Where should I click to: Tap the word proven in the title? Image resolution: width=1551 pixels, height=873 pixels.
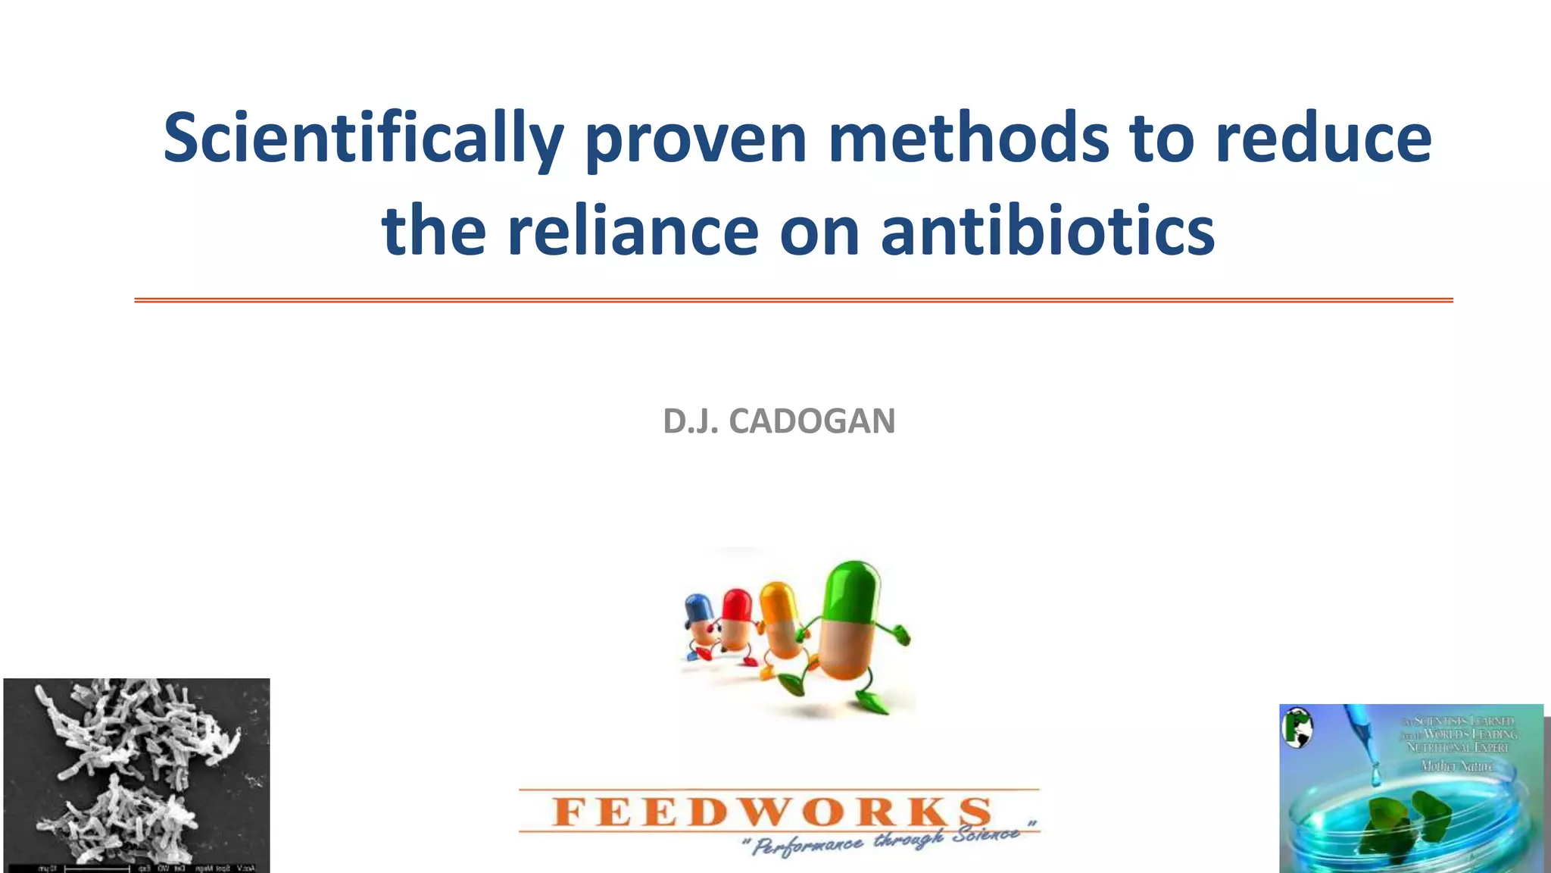tap(696, 139)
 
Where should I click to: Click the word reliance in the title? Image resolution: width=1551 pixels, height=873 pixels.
tap(632, 230)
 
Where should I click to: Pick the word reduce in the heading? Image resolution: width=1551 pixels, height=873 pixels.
tap(1323, 138)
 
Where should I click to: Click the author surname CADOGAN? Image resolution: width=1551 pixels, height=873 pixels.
tap(812, 421)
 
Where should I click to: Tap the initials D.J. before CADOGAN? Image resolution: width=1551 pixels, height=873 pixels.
tap(690, 421)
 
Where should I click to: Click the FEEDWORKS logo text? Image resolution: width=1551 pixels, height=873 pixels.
tap(772, 812)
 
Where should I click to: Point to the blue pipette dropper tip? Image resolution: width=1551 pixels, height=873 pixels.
tap(1375, 773)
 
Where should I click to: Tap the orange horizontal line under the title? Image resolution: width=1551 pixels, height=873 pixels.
tap(793, 301)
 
